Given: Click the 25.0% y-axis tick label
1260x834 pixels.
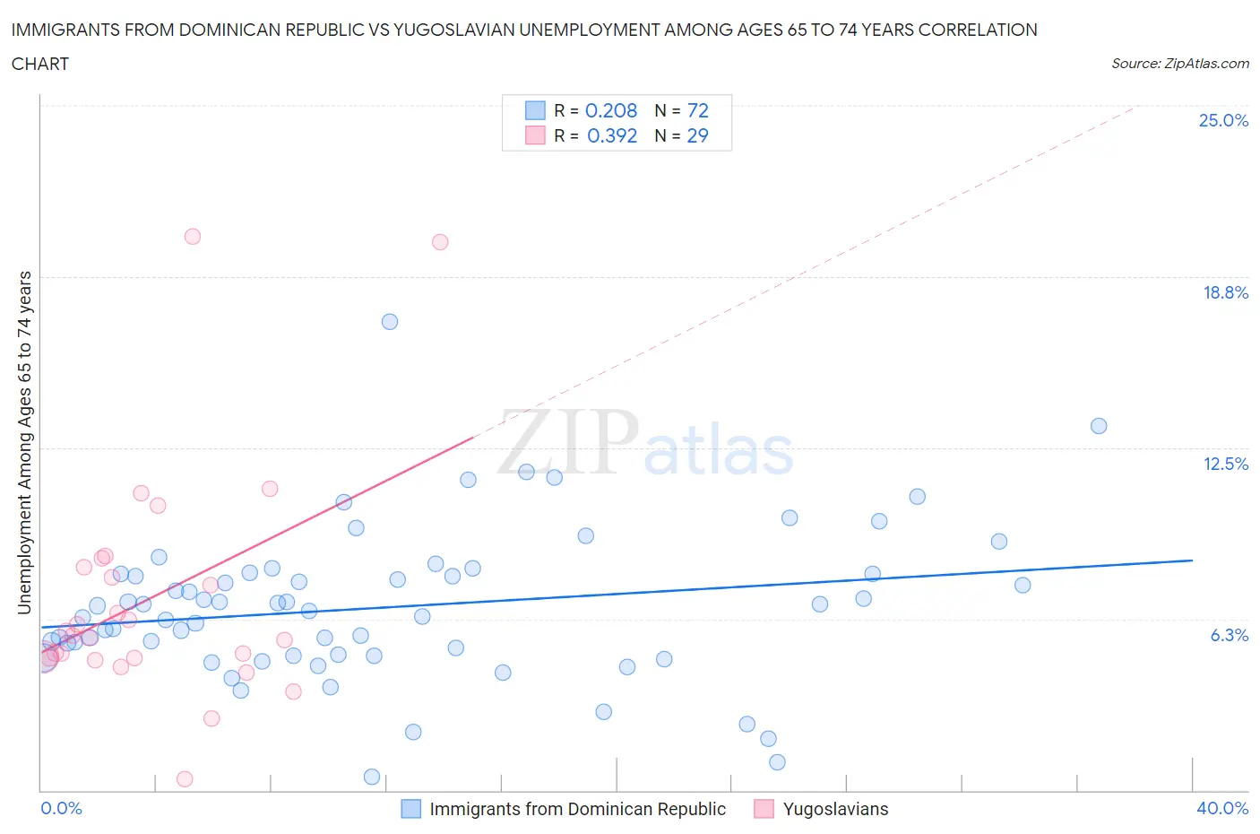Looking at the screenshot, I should pos(1223,120).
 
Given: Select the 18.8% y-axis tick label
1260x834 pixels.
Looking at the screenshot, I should pos(1225,292).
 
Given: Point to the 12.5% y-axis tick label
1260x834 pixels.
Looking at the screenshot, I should pos(1225,464).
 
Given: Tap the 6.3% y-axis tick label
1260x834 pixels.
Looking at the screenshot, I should pos(1229,635).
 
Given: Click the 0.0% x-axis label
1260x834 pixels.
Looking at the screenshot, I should pos(61,808).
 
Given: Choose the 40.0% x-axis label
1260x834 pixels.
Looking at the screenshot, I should pos(1222,808).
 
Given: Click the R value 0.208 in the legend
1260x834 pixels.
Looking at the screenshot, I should pos(611,110).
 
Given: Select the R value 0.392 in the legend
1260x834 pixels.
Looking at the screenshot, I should pos(612,135).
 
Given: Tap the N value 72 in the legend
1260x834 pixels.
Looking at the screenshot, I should pos(697,110).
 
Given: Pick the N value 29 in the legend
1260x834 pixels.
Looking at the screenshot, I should pos(697,135).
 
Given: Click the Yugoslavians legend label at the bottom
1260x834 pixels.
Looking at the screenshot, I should pos(835,809).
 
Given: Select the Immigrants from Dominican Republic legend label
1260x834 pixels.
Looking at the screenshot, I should pos(577,809).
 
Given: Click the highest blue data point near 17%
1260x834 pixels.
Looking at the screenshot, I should pos(390,322).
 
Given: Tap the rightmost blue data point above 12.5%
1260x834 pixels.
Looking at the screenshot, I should pos(1099,426).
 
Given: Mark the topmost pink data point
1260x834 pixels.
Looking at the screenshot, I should pos(193,237).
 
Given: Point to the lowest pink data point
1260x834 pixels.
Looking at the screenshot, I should pos(185,778).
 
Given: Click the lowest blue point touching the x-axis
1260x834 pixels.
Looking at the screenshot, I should pos(372,777).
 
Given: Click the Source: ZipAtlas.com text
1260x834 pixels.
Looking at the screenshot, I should pos(1179,64).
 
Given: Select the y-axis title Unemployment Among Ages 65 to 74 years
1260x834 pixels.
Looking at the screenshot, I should pos(25,442).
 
